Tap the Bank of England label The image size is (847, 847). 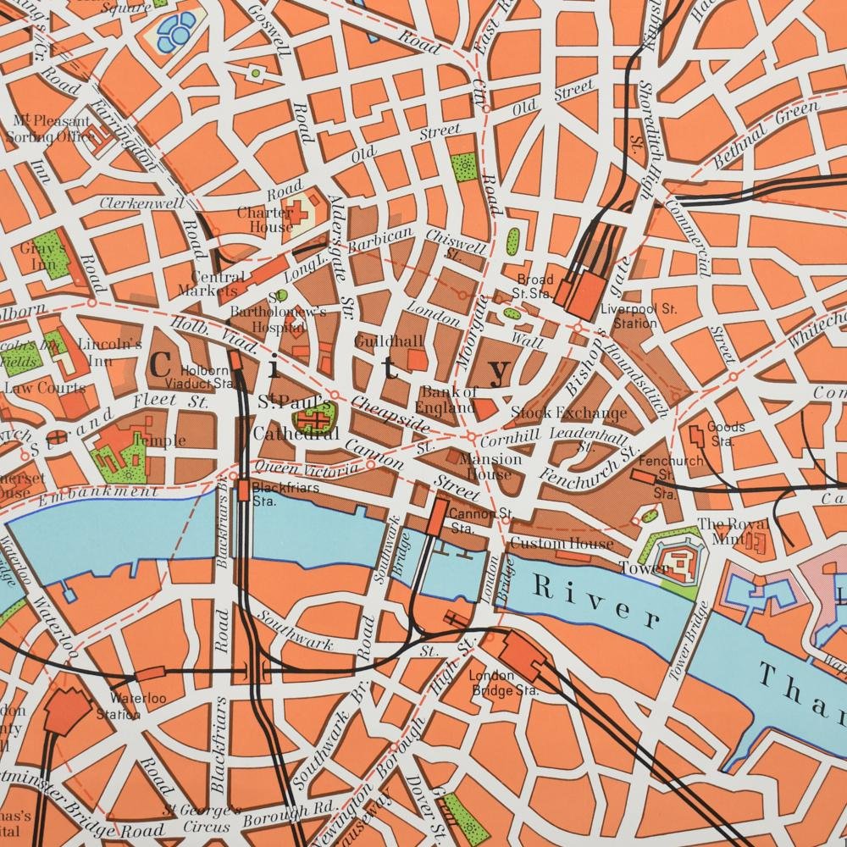pyautogui.click(x=450, y=400)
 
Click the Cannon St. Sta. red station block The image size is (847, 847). pyautogui.click(x=438, y=516)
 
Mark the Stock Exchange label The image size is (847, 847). pyautogui.click(x=569, y=413)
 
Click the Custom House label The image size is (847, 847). pyautogui.click(x=561, y=543)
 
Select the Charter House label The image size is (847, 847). pyautogui.click(x=264, y=219)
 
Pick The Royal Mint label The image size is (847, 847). pyautogui.click(x=721, y=531)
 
